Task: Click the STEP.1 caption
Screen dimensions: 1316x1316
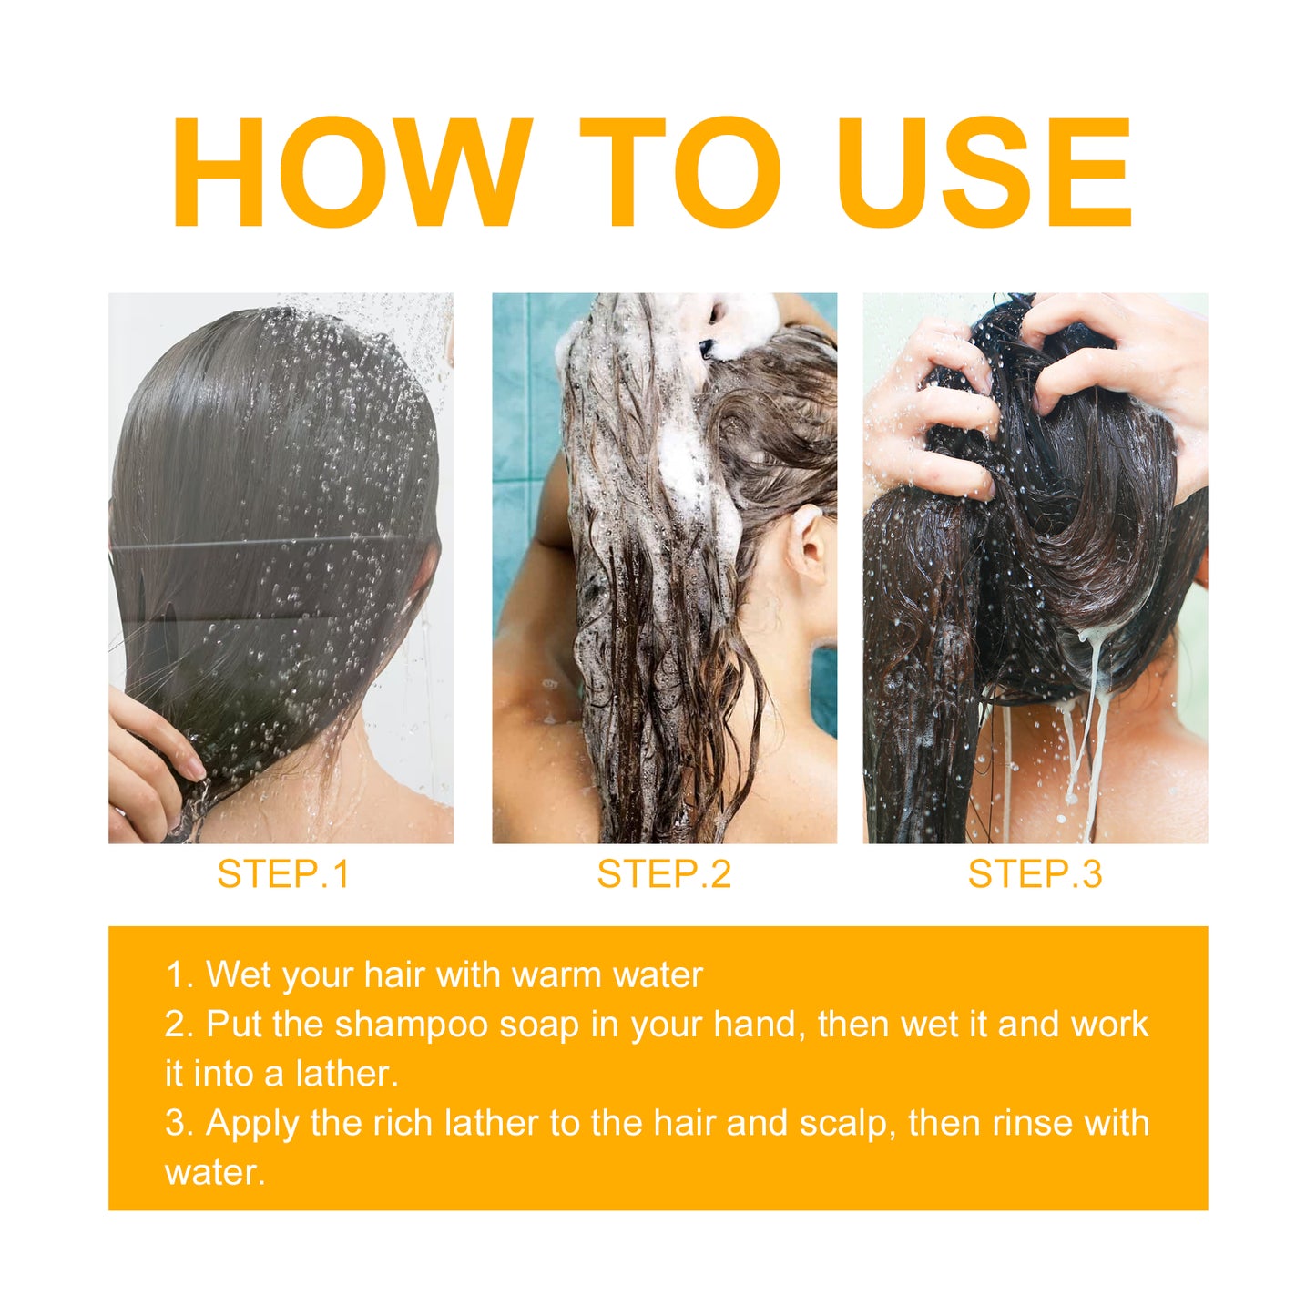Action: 283,874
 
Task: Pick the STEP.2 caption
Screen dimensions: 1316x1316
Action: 664,874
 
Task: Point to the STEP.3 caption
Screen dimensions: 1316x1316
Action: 1035,874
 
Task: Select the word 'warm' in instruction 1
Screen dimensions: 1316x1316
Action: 556,975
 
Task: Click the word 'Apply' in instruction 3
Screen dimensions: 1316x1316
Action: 252,1123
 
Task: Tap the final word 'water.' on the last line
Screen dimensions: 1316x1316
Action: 215,1172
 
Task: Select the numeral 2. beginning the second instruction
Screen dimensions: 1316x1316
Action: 179,1025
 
